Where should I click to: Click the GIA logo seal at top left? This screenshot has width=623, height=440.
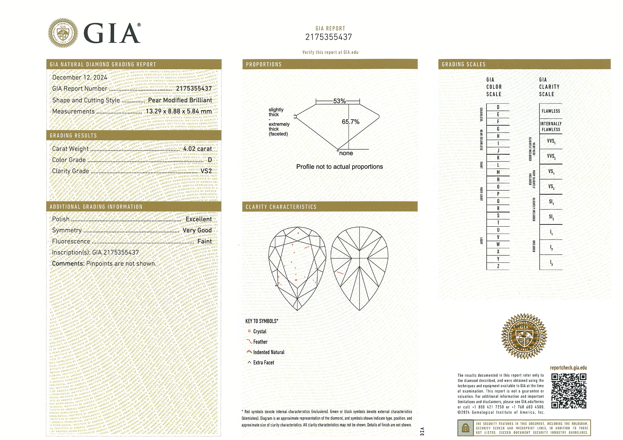tap(63, 33)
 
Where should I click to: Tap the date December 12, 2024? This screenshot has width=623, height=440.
tap(80, 77)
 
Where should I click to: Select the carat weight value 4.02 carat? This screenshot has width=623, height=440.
tap(197, 149)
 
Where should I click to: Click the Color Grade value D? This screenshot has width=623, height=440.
tap(210, 160)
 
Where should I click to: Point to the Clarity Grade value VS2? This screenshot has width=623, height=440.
tap(206, 171)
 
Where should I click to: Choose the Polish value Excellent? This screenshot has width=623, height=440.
tap(198, 219)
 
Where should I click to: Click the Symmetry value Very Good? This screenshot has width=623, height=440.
tap(197, 230)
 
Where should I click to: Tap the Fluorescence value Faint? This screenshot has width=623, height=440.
tap(204, 241)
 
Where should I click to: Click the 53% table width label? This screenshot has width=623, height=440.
tap(339, 101)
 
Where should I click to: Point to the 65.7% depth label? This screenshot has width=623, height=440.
tap(351, 122)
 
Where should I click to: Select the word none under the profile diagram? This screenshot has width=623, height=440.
tap(346, 153)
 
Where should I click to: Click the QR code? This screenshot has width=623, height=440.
tap(569, 391)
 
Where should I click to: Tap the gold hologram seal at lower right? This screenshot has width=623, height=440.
tap(524, 336)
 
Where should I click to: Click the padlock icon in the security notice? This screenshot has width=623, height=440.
tap(465, 428)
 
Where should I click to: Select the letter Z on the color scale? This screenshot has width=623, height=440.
tap(498, 266)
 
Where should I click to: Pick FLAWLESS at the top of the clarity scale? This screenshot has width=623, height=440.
tap(551, 111)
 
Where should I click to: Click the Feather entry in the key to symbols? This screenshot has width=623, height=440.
tap(260, 342)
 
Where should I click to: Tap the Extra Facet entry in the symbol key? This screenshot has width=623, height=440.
tap(263, 363)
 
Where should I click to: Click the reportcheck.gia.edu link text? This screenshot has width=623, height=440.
tap(568, 368)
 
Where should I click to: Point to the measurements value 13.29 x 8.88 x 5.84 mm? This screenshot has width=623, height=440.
tap(179, 111)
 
